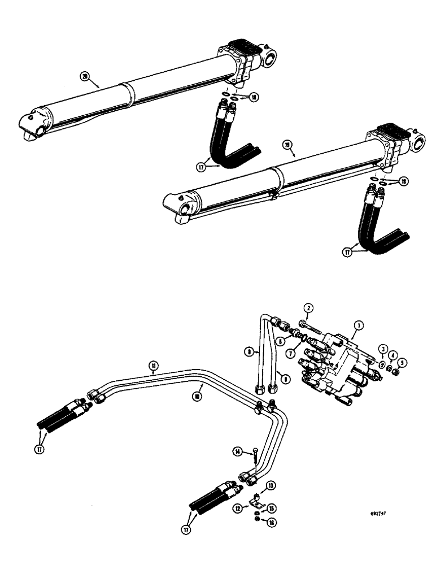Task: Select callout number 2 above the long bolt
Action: (x=308, y=308)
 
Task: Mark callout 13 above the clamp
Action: (x=271, y=485)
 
